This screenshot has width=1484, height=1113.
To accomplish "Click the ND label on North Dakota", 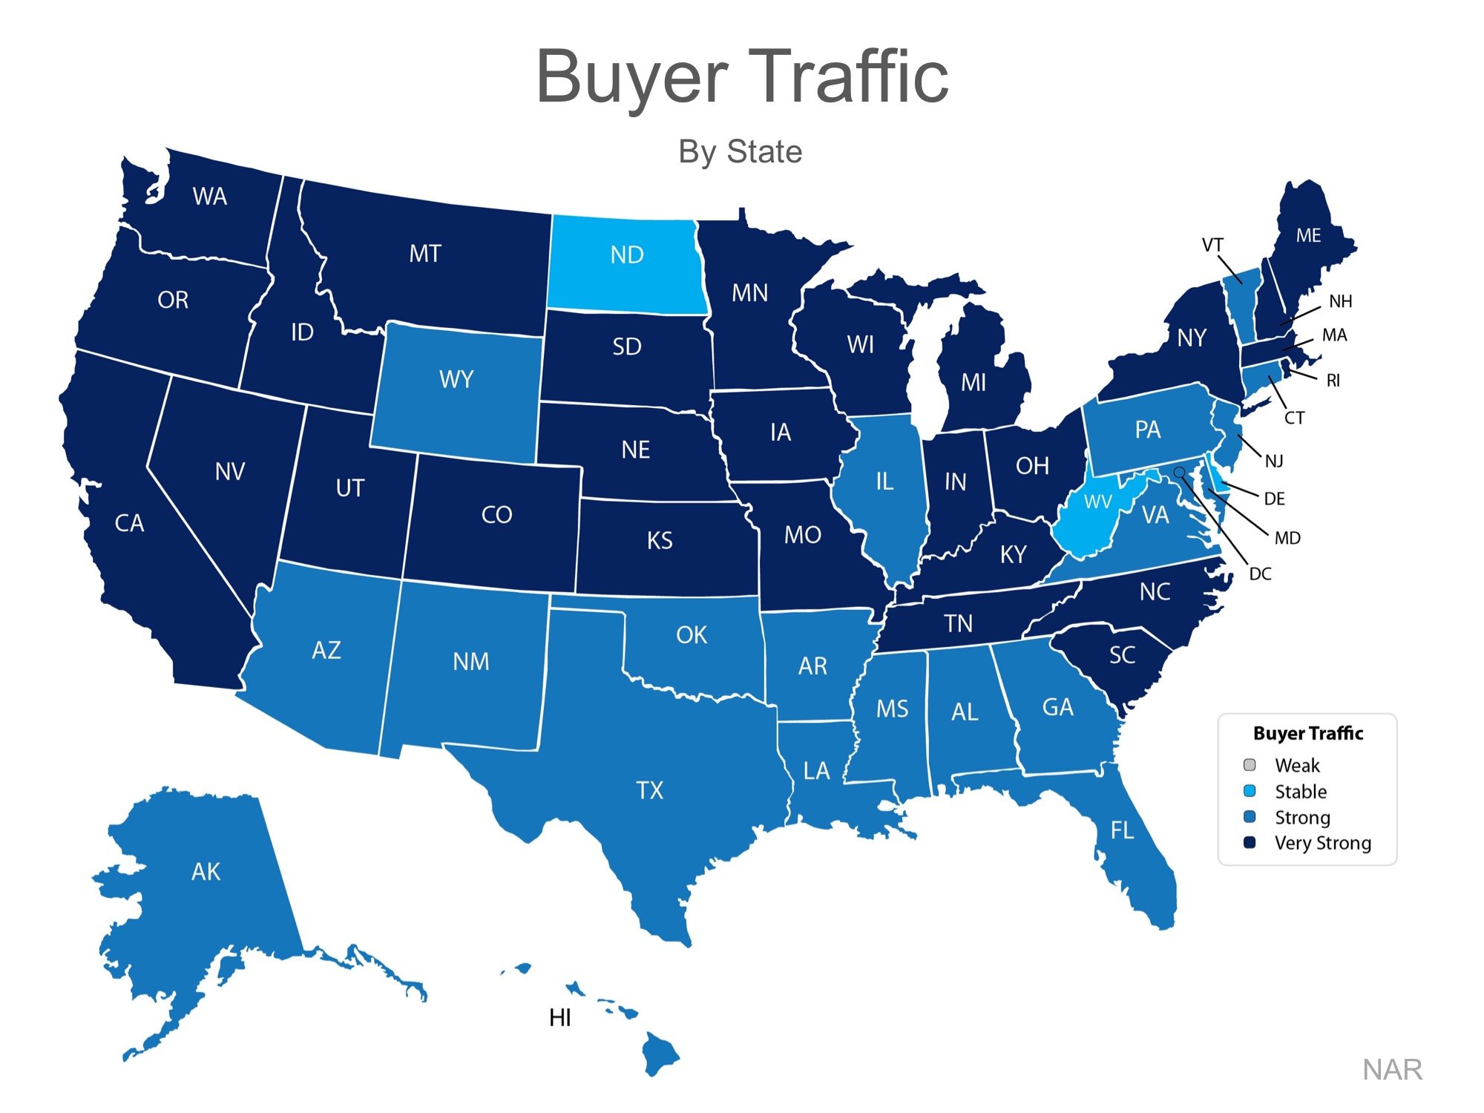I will click(x=627, y=255).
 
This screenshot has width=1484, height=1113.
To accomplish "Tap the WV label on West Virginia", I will click(x=1097, y=502).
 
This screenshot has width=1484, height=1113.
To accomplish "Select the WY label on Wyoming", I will click(x=456, y=380).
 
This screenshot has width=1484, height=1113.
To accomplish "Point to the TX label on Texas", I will click(x=649, y=790).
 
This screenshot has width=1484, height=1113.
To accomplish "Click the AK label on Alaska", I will click(x=206, y=871).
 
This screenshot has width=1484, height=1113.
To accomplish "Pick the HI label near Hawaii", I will click(x=560, y=1017).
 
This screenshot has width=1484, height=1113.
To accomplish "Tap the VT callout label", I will click(x=1212, y=245).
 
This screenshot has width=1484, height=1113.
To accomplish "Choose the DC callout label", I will click(x=1260, y=574).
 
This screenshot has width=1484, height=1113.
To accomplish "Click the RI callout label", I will click(x=1333, y=381).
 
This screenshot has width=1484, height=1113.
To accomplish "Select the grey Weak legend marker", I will click(x=1250, y=765).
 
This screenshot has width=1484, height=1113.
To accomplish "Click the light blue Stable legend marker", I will click(x=1250, y=791).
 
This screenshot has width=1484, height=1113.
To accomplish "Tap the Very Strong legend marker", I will click(x=1250, y=842).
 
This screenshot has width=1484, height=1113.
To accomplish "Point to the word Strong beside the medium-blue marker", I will click(x=1302, y=817).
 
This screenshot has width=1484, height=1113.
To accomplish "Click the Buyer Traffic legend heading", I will click(x=1308, y=733).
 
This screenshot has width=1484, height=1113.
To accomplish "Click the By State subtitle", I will click(x=740, y=151).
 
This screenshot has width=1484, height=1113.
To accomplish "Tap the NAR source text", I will click(x=1392, y=1069).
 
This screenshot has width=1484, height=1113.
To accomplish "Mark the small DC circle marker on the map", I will click(x=1179, y=472).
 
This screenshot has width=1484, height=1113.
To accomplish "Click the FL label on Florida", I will click(x=1122, y=830).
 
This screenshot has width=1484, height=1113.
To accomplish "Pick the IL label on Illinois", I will click(x=884, y=482).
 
